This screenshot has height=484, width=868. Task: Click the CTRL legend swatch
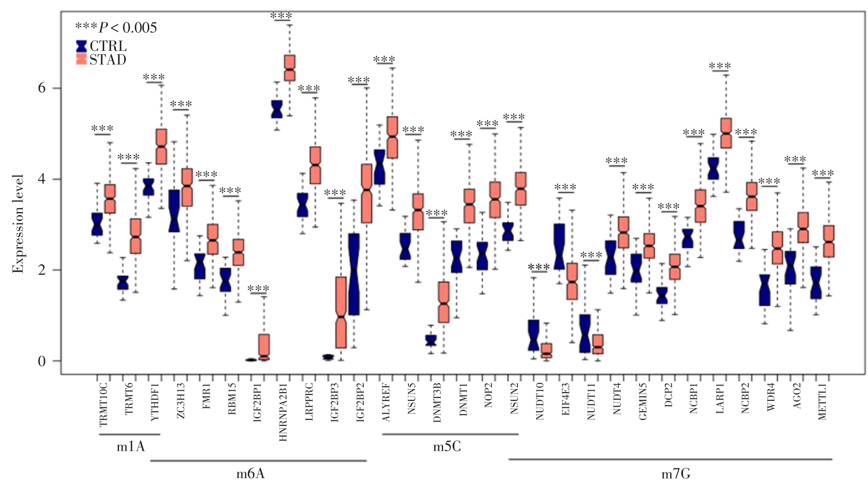[x=81, y=46]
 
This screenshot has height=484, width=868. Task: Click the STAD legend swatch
[x=81, y=60]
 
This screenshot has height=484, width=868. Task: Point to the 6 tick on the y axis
[x=42, y=88]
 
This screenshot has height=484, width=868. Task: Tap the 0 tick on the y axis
[x=42, y=361]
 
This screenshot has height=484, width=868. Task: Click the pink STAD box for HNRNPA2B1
[x=290, y=68]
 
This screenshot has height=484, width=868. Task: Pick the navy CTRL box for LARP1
[x=713, y=169]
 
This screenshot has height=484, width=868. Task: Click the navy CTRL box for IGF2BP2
[x=354, y=274]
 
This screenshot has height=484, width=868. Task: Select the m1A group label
[x=131, y=446]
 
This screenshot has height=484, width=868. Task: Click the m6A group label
[x=251, y=473]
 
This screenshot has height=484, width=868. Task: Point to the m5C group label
[x=447, y=446]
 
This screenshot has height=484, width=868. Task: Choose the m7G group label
[x=676, y=473]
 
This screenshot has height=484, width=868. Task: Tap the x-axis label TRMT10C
[x=104, y=405]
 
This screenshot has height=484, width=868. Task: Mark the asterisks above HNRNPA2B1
[x=282, y=16]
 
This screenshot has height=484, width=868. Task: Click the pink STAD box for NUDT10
[x=546, y=351]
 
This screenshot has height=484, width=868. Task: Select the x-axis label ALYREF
[x=386, y=402]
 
